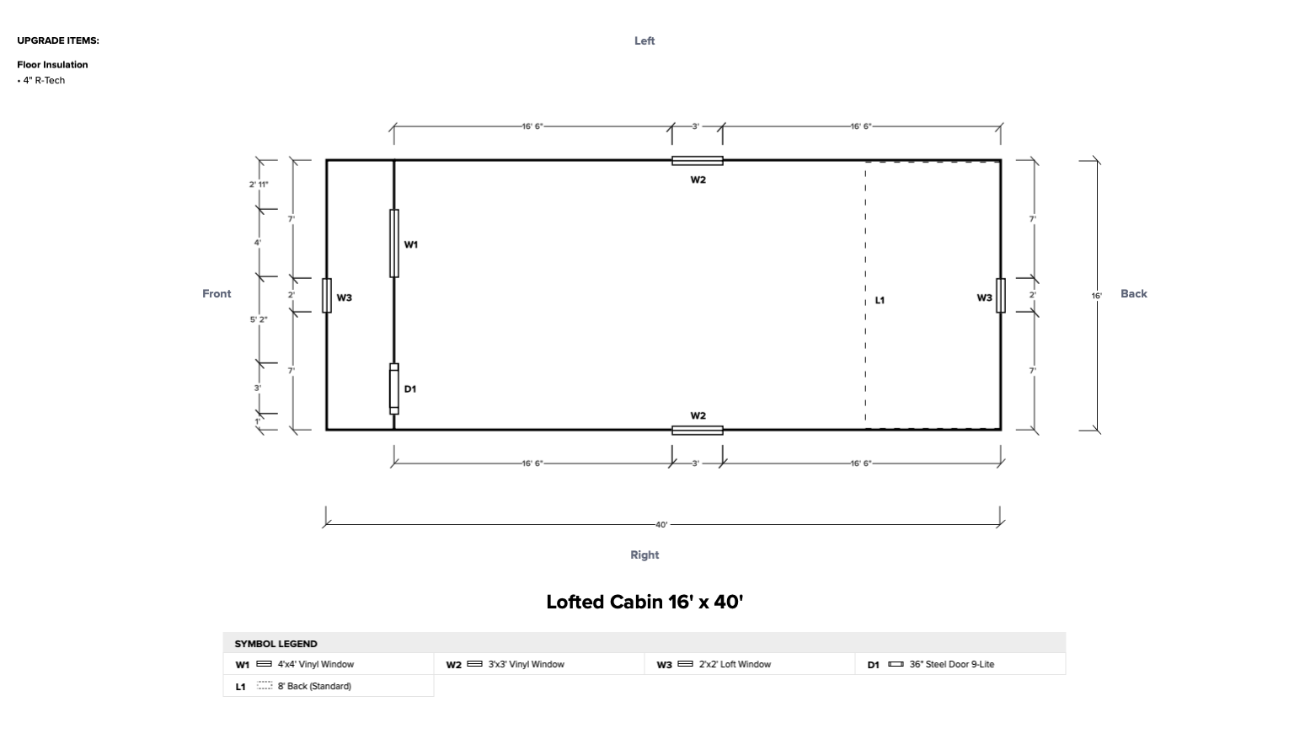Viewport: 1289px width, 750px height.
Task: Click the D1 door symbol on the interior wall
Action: click(394, 388)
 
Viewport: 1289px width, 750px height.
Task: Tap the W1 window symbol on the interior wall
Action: click(394, 244)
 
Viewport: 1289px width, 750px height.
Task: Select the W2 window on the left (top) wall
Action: click(697, 161)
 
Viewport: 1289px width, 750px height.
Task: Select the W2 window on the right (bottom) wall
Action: click(697, 430)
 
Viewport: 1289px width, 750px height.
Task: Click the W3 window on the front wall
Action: click(327, 295)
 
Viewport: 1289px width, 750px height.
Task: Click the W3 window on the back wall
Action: click(1000, 295)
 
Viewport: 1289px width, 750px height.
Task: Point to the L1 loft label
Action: click(880, 300)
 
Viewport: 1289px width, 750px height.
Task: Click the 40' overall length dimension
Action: click(661, 524)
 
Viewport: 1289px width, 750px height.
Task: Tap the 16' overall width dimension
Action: click(1096, 296)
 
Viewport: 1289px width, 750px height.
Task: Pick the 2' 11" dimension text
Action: click(259, 184)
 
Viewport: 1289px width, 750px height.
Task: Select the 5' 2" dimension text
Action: click(259, 319)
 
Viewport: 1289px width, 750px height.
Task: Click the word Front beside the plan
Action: click(217, 293)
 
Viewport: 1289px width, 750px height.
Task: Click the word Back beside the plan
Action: click(1133, 293)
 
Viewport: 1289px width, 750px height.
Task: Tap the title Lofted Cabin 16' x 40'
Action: click(644, 602)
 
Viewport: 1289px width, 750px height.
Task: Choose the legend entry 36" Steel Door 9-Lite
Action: click(951, 664)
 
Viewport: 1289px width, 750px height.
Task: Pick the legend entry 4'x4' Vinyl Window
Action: click(315, 664)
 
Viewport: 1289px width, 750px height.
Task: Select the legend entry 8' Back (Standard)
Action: click(314, 686)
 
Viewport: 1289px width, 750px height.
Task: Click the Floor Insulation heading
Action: click(52, 64)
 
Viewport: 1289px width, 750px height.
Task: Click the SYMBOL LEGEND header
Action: click(275, 643)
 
